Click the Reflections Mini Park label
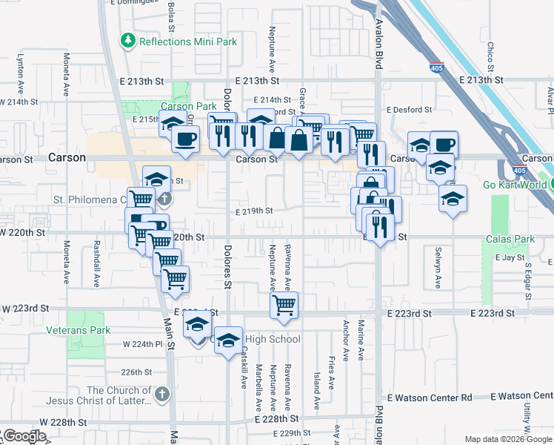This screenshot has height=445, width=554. tap(188, 42)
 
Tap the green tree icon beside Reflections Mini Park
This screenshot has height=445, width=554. tap(129, 40)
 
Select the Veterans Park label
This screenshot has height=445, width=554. tap(78, 330)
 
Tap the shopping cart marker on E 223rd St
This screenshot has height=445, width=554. tap(284, 306)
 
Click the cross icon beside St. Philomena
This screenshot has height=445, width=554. tap(164, 199)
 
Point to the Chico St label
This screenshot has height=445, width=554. tap(490, 59)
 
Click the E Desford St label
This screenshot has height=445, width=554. tap(408, 110)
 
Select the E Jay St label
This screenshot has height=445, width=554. tap(509, 257)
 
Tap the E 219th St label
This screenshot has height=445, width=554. tap(254, 211)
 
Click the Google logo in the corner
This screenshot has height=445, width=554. tap(24, 436)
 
